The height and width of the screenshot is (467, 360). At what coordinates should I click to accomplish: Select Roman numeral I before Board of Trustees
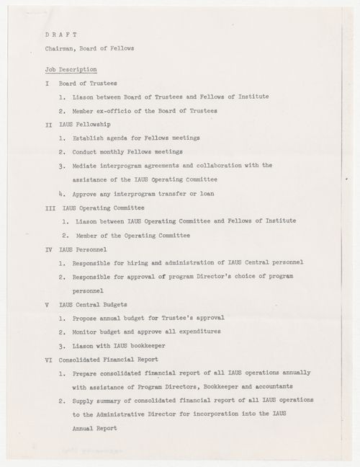[46, 84]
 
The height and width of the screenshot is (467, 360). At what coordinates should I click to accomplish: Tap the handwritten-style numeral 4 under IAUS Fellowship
[63, 194]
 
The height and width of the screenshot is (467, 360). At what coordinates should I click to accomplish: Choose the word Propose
[86, 318]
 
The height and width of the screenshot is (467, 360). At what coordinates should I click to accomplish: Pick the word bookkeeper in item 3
[174, 346]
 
